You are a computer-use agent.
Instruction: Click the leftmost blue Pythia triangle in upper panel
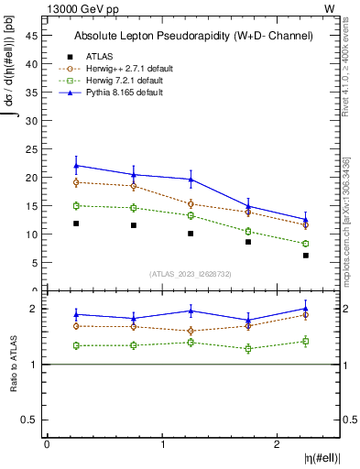pyautogui.click(x=76, y=166)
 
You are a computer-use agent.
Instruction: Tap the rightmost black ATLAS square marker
pyautogui.click(x=306, y=256)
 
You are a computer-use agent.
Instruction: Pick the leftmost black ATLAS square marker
pyautogui.click(x=76, y=224)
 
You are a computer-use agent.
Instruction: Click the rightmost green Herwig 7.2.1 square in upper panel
pyautogui.click(x=306, y=244)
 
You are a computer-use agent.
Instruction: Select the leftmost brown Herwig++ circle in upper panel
pyautogui.click(x=76, y=182)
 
